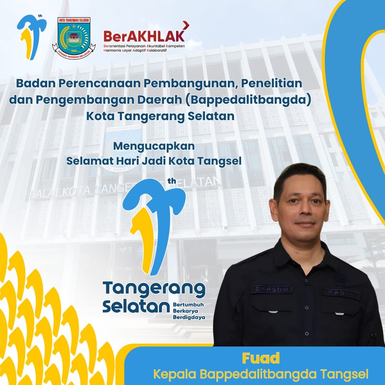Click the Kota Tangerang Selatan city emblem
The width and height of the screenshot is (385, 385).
pos(74,38)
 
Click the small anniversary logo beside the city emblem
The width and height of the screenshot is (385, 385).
pos(31,37)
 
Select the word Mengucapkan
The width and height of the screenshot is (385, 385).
pos(154,146)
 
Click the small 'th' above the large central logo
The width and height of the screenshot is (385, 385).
pos(172,181)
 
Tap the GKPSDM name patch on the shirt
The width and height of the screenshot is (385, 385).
pos(272,289)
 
